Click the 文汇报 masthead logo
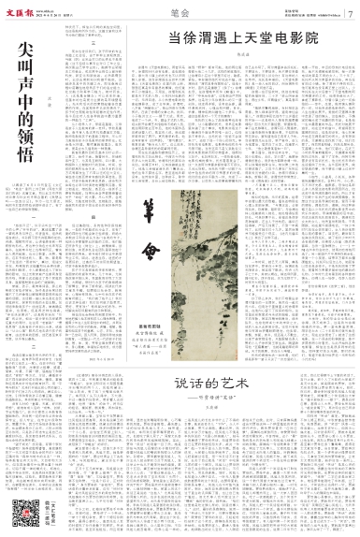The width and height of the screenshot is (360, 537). pyautogui.click(x=26, y=9)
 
